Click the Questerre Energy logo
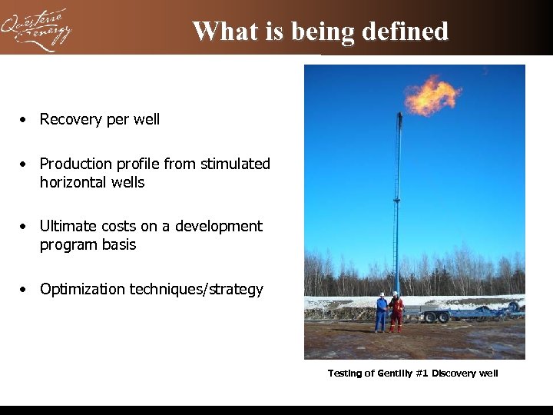click(36, 29)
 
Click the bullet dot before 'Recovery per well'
click(25, 120)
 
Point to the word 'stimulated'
click(235, 164)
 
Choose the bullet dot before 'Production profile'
click(25, 164)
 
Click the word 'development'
click(219, 227)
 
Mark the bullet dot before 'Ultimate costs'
click(25, 227)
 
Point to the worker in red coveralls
click(396, 312)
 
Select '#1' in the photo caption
click(422, 373)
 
